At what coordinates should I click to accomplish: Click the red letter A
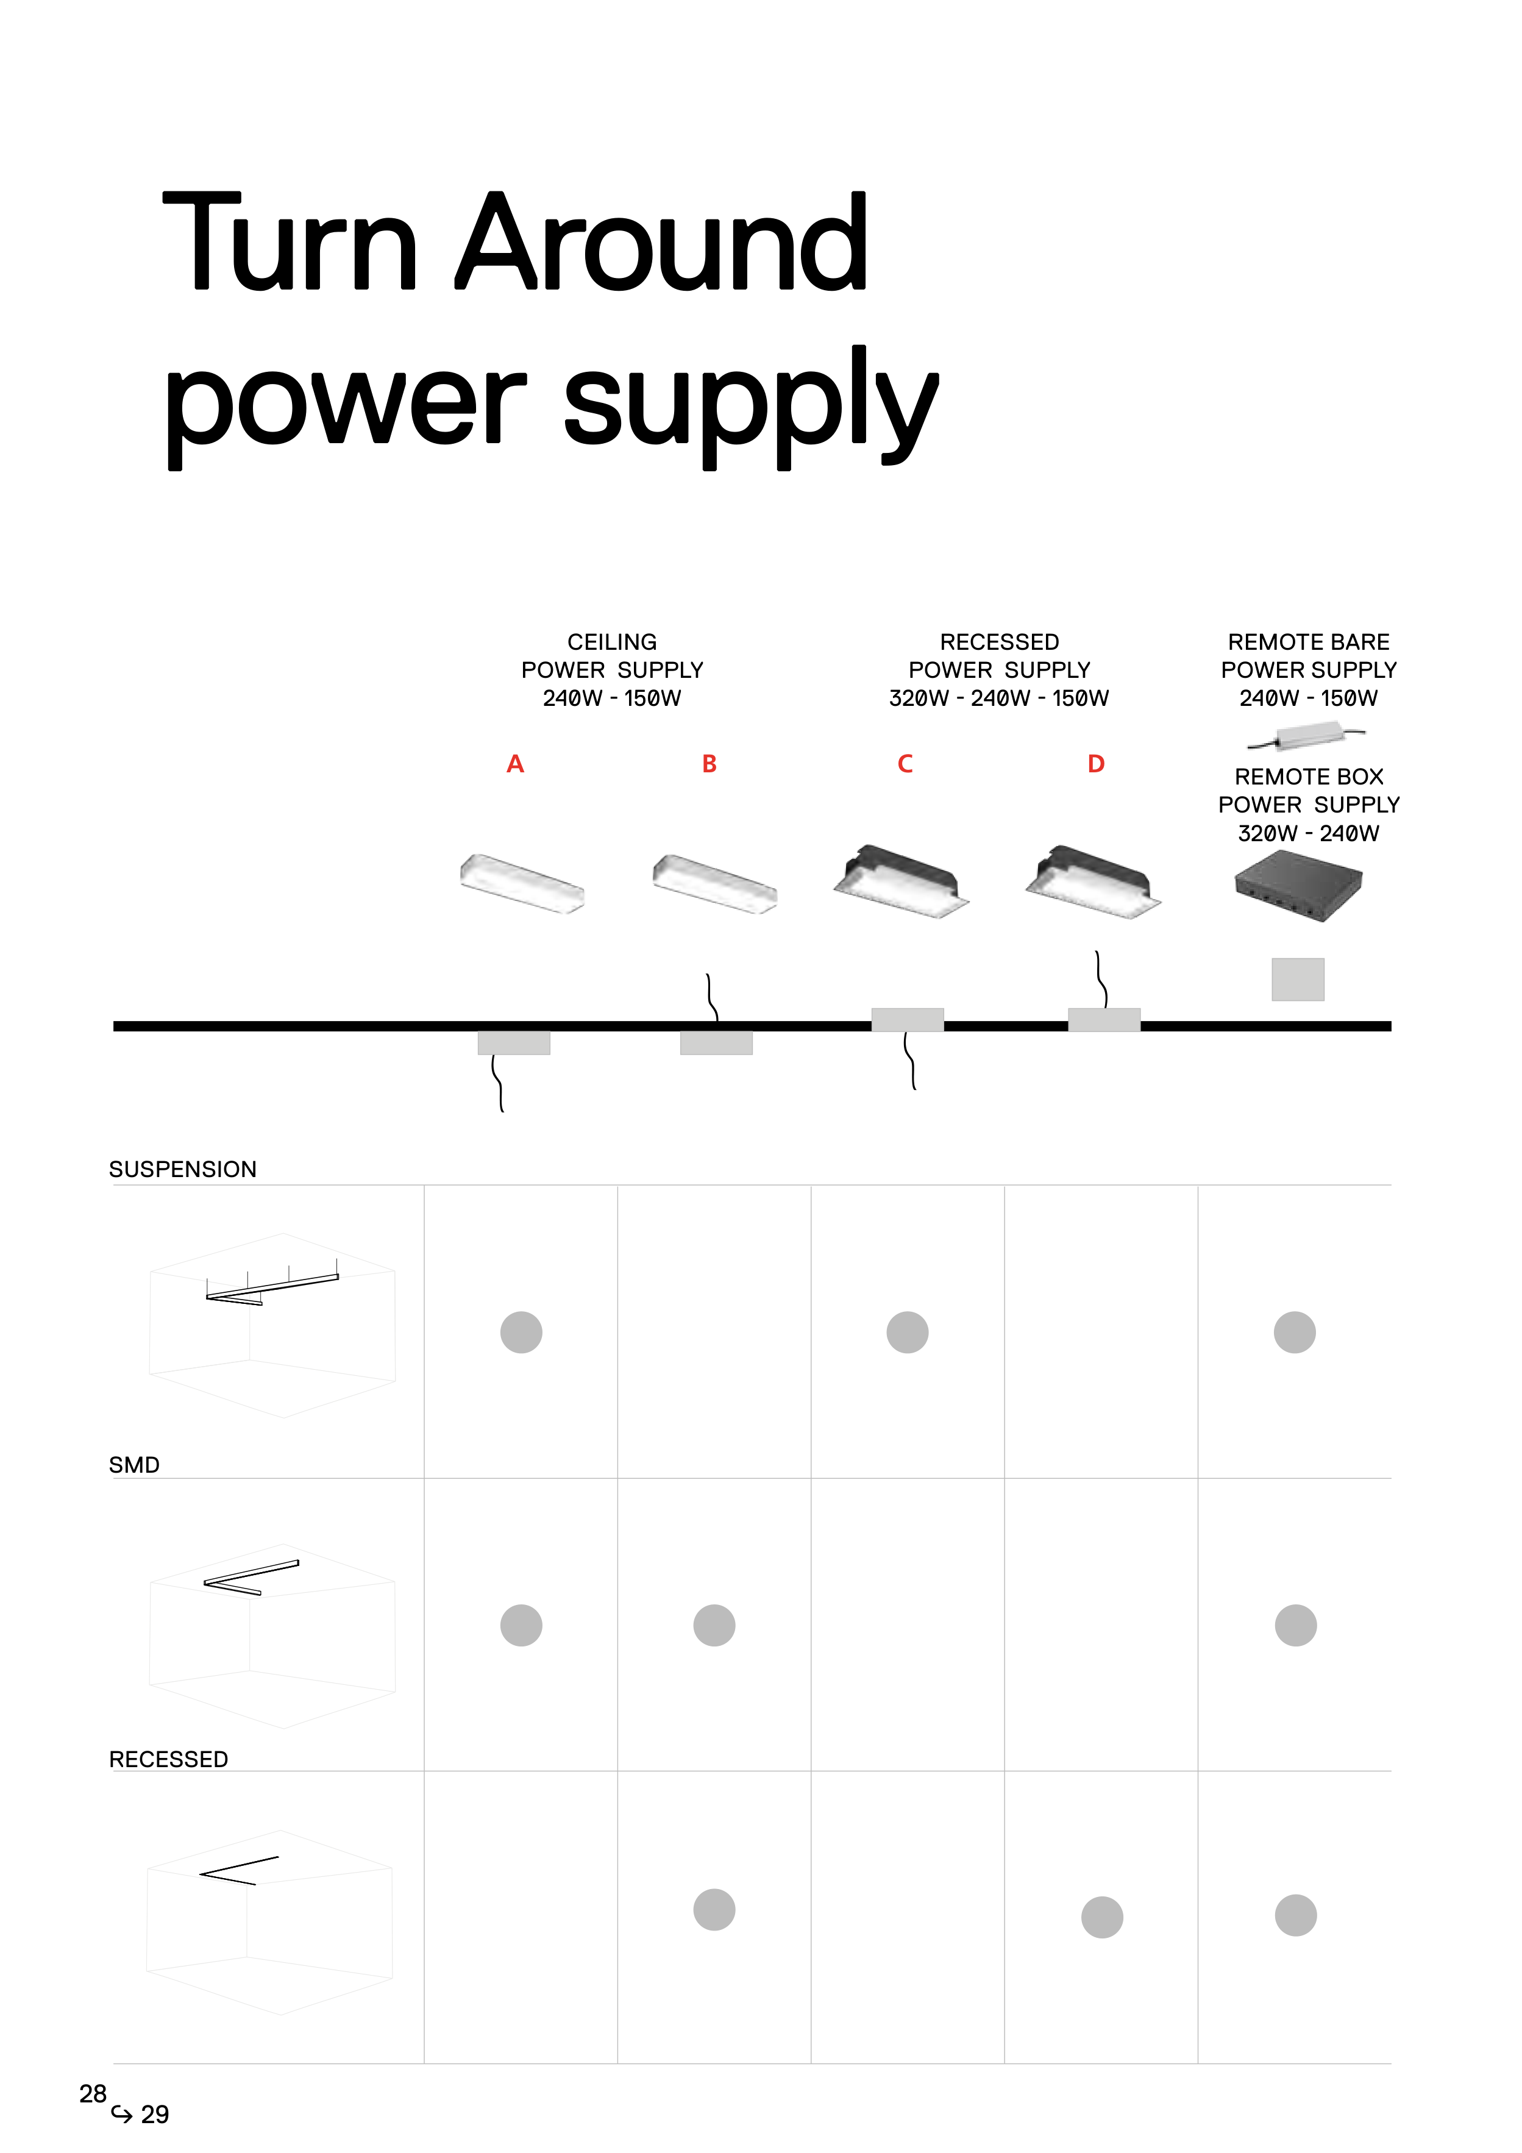(x=515, y=764)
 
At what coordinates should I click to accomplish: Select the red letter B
(x=709, y=764)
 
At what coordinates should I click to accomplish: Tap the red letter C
(x=905, y=764)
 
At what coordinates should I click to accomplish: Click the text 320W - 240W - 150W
(x=999, y=699)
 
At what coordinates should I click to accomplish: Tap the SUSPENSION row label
(x=183, y=1169)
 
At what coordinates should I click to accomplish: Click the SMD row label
(x=134, y=1465)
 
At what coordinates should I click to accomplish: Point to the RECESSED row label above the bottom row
(x=169, y=1759)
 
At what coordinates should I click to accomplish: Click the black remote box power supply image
(x=1298, y=890)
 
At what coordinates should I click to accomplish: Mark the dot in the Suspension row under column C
(x=907, y=1333)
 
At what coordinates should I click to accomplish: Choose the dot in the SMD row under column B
(x=714, y=1625)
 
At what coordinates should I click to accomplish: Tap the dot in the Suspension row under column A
(x=521, y=1333)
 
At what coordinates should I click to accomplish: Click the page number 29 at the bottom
(x=155, y=2115)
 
